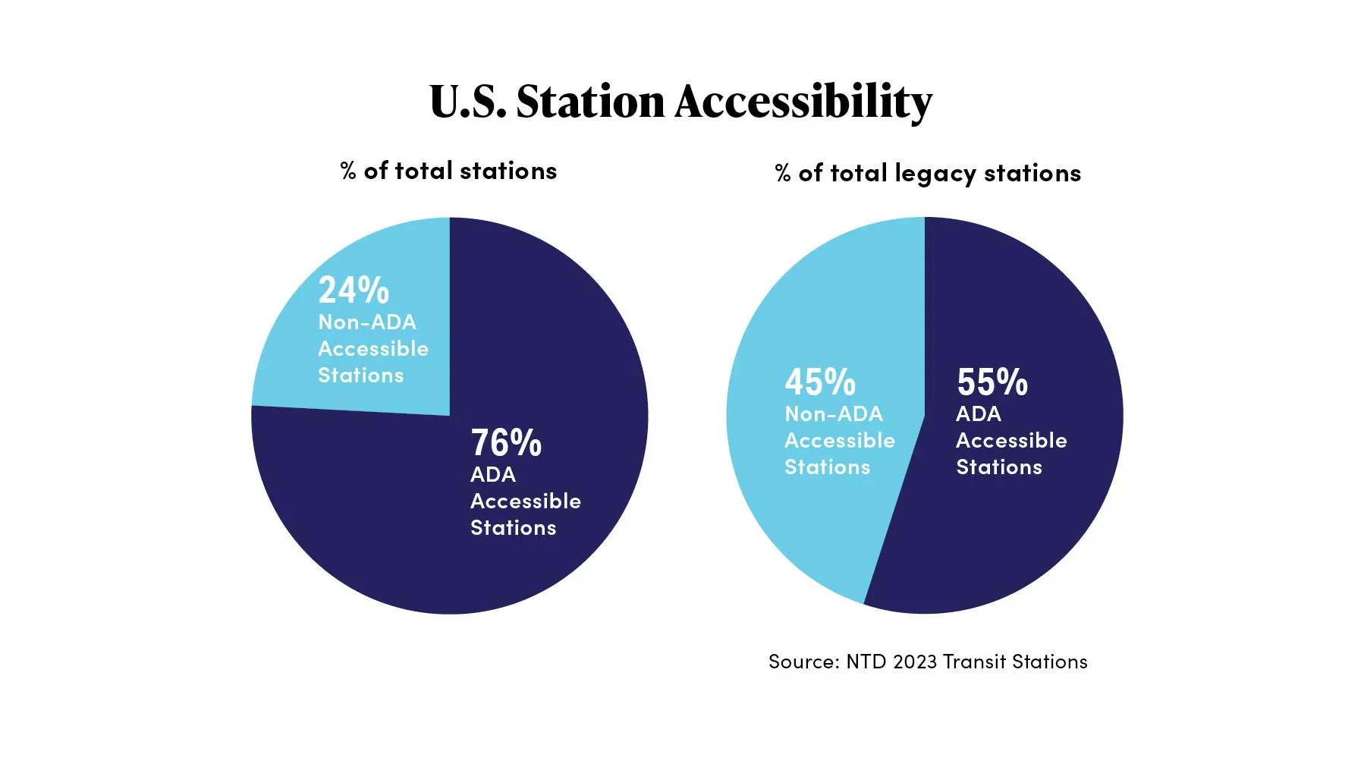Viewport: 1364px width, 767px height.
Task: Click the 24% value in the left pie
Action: pyautogui.click(x=354, y=290)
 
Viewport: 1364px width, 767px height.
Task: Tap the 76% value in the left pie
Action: pyautogui.click(x=506, y=442)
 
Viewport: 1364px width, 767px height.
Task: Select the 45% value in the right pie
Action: pyautogui.click(x=820, y=382)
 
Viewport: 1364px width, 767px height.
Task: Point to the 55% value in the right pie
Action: pyautogui.click(x=992, y=382)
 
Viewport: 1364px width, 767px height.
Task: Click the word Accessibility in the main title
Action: pyautogui.click(x=803, y=102)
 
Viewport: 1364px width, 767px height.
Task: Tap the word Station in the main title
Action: pyautogui.click(x=590, y=102)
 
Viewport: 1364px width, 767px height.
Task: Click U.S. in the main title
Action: pyautogui.click(x=467, y=102)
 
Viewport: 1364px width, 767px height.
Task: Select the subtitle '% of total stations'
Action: pyautogui.click(x=449, y=171)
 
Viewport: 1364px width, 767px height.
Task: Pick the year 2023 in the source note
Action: pyautogui.click(x=915, y=662)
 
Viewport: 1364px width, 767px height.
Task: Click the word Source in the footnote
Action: pyautogui.click(x=803, y=662)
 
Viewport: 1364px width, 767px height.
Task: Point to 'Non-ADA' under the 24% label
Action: pyautogui.click(x=367, y=322)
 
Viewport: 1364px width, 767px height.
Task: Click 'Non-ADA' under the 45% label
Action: pyautogui.click(x=834, y=414)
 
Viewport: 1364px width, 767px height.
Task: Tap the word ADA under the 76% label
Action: pyautogui.click(x=493, y=475)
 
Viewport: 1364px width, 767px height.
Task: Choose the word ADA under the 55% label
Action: pyautogui.click(x=979, y=414)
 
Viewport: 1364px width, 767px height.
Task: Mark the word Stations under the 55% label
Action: pyautogui.click(x=999, y=467)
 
